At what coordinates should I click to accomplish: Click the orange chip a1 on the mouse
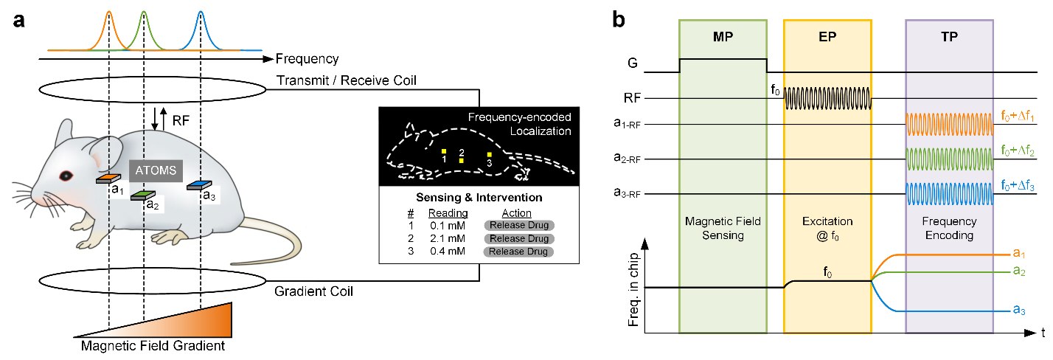pyautogui.click(x=107, y=179)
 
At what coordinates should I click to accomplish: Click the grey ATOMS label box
pyautogui.click(x=154, y=171)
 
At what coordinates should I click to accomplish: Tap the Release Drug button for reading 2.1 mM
pyautogui.click(x=518, y=238)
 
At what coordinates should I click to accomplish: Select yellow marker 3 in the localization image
pyautogui.click(x=489, y=154)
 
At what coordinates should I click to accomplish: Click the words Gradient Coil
pyautogui.click(x=313, y=291)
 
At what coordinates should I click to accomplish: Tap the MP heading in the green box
pyautogui.click(x=723, y=38)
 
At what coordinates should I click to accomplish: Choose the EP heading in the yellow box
pyautogui.click(x=827, y=38)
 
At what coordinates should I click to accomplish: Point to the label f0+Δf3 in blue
pyautogui.click(x=1021, y=185)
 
